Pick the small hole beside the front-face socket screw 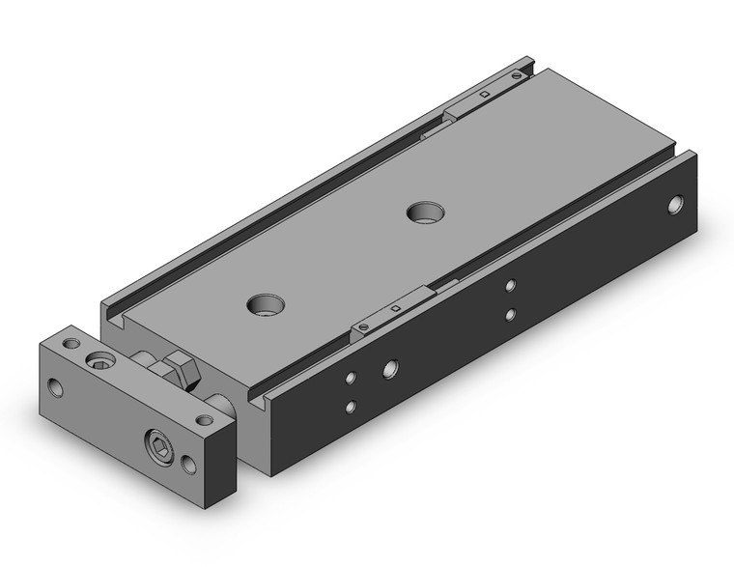(188, 465)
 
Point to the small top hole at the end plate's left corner (71, 343)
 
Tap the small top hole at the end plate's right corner (204, 420)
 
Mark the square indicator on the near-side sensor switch (397, 308)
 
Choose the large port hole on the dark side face (389, 367)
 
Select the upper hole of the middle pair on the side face (511, 285)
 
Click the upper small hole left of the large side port (352, 378)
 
